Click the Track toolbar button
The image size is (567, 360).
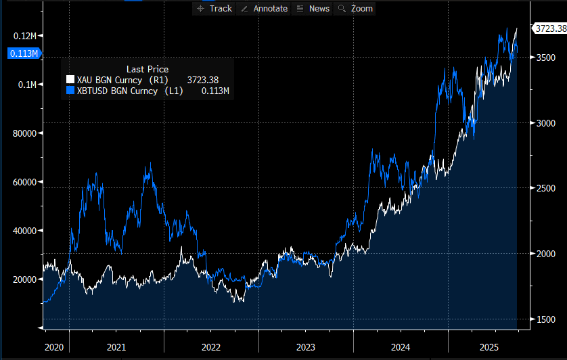coord(213,9)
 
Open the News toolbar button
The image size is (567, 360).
coord(313,9)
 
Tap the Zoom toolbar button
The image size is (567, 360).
coord(355,9)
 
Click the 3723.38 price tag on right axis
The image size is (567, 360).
coord(549,28)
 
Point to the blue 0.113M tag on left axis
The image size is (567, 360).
coord(22,53)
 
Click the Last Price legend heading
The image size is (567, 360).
coord(147,69)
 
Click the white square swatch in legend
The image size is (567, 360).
coord(70,80)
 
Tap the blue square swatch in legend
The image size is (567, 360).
coord(70,91)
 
